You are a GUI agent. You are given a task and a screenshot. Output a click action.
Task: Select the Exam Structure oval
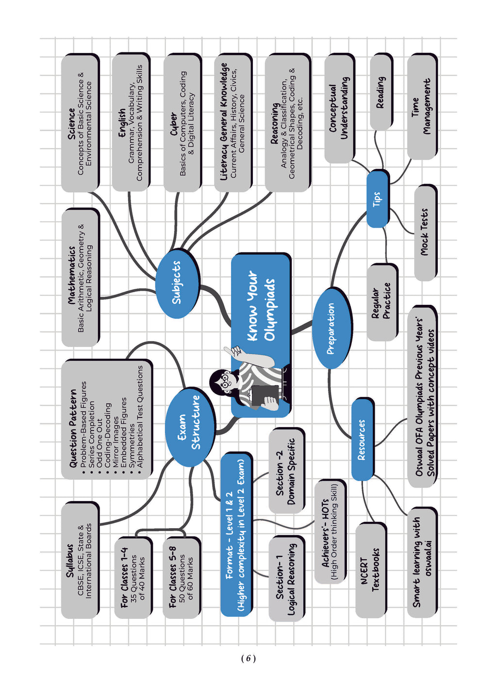pos(189,427)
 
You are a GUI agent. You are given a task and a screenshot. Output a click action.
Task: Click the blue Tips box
pos(377,199)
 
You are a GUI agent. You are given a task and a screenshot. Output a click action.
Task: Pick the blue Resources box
pos(362,439)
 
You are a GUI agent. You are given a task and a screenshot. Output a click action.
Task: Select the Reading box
pos(381,92)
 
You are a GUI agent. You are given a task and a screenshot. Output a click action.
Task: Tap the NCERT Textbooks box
pos(370,570)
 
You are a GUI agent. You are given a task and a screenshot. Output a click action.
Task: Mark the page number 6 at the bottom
pos(248,658)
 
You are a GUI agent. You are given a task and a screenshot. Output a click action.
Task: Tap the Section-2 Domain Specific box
pos(286,471)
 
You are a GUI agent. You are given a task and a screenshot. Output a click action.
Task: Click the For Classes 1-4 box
pos(133,578)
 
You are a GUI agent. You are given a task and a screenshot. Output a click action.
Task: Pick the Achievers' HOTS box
pos(330,532)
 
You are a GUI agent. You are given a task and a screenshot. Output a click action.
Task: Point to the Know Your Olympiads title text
pos(261,306)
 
